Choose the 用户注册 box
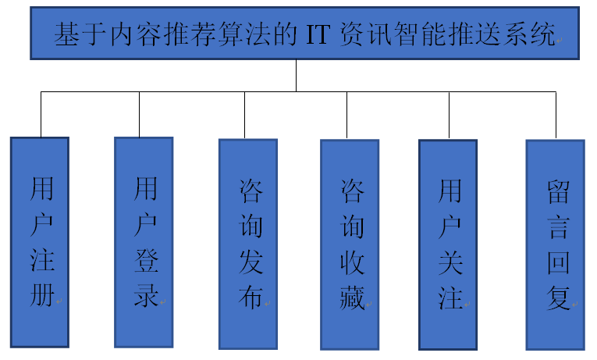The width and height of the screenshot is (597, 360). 40,241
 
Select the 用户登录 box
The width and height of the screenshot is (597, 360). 144,241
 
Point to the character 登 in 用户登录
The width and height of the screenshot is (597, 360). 146,262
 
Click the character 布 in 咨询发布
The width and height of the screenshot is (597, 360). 251,298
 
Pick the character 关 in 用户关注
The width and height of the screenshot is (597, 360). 451,262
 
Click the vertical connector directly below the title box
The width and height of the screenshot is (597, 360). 297,76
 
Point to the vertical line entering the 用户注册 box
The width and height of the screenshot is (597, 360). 41,114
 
